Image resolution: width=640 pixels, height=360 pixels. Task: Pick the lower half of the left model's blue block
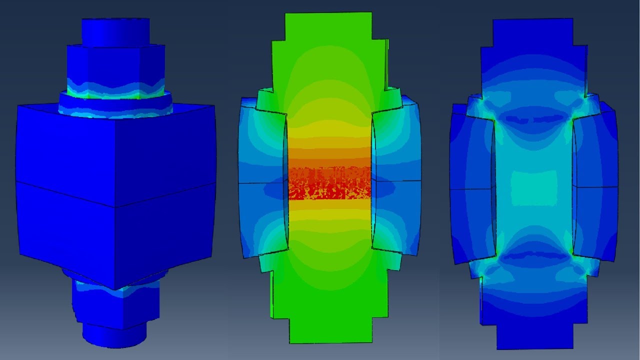[115, 235]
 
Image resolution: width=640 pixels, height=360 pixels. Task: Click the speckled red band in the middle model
[330, 182]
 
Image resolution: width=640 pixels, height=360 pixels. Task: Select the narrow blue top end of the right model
[534, 32]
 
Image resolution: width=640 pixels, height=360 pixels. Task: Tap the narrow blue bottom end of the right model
[534, 335]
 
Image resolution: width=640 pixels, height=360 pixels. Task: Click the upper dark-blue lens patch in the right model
[534, 119]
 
